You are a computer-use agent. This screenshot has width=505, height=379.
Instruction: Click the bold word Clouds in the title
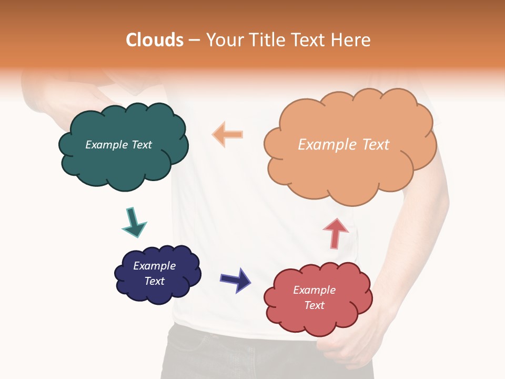point(155,40)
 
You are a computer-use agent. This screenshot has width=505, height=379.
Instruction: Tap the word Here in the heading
point(352,40)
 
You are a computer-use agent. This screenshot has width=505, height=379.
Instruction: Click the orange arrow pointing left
point(228,134)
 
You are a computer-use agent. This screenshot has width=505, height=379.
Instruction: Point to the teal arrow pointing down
point(134,222)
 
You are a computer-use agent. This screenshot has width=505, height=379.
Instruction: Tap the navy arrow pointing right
point(236,280)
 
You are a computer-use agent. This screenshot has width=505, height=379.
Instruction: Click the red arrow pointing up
point(335,233)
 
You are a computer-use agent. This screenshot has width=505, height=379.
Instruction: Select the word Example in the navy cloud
point(154,266)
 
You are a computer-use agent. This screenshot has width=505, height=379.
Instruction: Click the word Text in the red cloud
point(314,305)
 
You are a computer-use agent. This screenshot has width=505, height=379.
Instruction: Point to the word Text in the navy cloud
point(155,281)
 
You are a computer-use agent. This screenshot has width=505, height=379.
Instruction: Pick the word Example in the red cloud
point(314,290)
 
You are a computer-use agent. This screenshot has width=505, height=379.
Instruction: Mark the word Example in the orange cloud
point(322,145)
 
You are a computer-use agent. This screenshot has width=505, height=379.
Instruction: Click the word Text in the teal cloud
point(142,145)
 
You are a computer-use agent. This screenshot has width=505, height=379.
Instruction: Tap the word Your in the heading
point(223,40)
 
